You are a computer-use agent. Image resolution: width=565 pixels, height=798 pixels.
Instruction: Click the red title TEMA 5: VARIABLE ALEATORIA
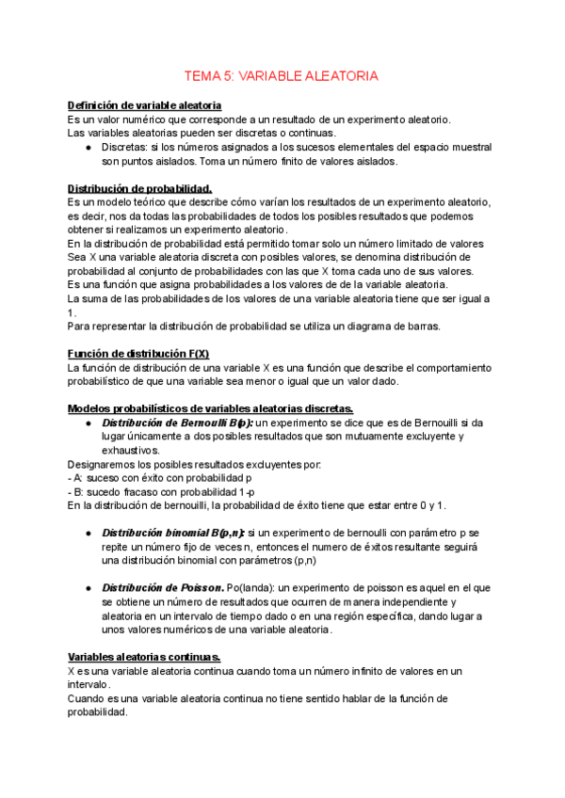[282, 76]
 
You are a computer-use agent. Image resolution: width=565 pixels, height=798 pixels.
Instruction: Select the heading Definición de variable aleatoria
[145, 105]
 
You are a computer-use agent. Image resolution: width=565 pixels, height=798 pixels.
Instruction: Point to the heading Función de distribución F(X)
[138, 353]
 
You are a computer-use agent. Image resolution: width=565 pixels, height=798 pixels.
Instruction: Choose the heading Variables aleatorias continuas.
[145, 656]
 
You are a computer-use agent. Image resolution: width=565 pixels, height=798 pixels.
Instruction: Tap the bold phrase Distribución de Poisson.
[162, 588]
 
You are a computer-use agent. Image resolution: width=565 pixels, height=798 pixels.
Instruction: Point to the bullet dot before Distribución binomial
[88, 533]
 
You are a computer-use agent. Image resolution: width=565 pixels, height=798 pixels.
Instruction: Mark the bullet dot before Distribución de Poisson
[88, 588]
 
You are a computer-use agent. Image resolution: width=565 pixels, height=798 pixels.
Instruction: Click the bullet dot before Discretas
[88, 147]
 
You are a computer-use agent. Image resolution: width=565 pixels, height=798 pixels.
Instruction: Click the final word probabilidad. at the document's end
[97, 712]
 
